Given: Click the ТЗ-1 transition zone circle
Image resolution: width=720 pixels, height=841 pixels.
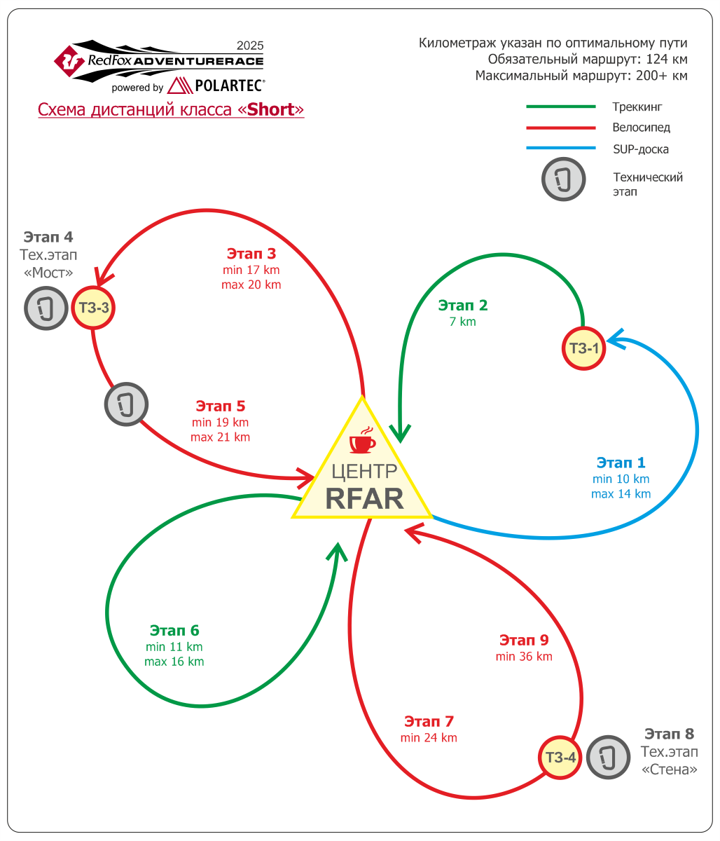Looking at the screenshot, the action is click(x=583, y=348).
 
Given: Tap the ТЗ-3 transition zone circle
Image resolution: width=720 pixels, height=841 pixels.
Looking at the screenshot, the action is click(x=93, y=308).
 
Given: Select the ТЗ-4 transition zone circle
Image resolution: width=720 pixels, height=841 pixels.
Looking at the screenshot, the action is click(x=560, y=757).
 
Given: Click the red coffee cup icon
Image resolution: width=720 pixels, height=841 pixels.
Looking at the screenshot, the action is click(x=362, y=440).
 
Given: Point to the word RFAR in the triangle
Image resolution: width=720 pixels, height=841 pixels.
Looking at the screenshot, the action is click(x=364, y=498).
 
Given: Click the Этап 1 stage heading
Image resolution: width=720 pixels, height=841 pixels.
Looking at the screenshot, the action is click(x=621, y=463).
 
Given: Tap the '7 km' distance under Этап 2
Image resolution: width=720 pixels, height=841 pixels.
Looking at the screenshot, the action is click(x=463, y=322).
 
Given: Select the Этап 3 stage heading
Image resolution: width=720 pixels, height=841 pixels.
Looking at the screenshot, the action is click(x=251, y=254).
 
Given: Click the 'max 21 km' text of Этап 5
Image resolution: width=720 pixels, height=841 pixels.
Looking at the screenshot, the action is click(x=221, y=437).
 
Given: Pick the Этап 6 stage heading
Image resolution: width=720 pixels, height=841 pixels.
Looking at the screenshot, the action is click(x=174, y=630).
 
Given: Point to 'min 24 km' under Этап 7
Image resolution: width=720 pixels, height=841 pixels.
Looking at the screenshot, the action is click(x=429, y=738).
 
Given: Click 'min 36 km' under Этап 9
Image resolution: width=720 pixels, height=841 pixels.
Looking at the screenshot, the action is click(x=524, y=656).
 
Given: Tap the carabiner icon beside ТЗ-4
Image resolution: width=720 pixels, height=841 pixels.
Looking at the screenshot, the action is click(x=608, y=757).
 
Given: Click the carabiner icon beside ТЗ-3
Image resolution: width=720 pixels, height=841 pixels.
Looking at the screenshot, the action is click(x=46, y=308).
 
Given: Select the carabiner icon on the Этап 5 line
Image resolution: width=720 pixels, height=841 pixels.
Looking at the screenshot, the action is click(x=127, y=404).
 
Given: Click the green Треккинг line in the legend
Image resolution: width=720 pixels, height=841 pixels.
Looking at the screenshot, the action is click(x=560, y=107).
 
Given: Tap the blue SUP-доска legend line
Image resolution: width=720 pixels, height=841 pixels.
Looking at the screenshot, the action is click(x=560, y=148).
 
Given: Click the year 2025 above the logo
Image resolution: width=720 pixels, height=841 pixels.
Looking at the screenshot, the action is click(x=250, y=45).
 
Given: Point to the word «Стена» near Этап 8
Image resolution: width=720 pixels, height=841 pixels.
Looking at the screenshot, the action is click(x=669, y=770).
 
